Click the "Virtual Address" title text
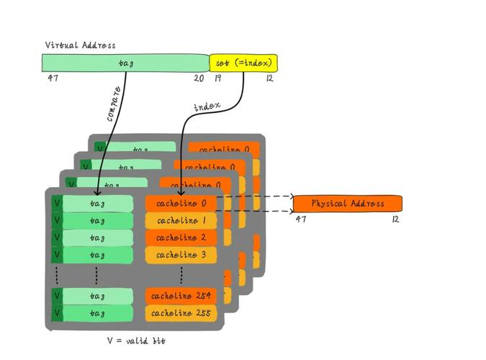[80, 45]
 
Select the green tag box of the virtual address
[125, 63]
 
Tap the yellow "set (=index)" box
[243, 63]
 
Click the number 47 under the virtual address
[53, 78]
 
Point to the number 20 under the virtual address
[199, 78]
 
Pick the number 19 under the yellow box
[217, 78]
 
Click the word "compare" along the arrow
[114, 104]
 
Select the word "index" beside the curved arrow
[207, 107]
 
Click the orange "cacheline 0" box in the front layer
[181, 204]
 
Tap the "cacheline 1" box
[181, 221]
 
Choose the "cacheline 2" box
[181, 238]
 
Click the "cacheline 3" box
[181, 256]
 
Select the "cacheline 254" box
[181, 296]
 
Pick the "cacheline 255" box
[181, 313]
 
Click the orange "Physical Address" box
[347, 204]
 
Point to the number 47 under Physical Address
[301, 220]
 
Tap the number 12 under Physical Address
[395, 220]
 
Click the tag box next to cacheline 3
[97, 256]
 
